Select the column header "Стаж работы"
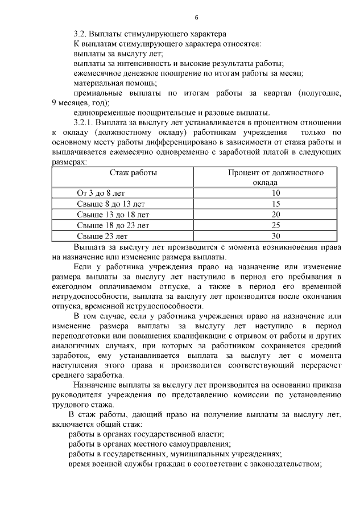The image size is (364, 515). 133,172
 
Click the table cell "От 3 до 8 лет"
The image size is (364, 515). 101,193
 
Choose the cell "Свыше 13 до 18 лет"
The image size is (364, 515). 113,215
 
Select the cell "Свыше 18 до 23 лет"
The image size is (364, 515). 113,225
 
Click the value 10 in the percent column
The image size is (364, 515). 276,193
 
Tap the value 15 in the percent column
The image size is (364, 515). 276,204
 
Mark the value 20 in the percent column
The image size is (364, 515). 276,215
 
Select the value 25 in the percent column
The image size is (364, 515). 276,225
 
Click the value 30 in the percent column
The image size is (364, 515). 276,236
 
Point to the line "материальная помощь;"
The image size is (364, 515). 107,83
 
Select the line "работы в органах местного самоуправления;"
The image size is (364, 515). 149,443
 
